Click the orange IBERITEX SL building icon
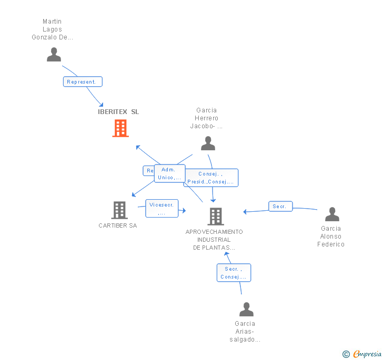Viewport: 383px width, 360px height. tap(120, 128)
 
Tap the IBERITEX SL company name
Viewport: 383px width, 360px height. tap(119, 112)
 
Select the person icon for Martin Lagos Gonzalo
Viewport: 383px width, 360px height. tap(54, 54)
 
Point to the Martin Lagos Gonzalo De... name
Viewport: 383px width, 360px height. tap(53, 29)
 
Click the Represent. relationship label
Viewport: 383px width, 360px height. tap(82, 82)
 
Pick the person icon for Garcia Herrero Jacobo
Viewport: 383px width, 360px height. tap(208, 143)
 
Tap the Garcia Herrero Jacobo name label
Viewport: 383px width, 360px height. tap(206, 118)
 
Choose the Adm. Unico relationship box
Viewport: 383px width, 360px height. tap(169, 173)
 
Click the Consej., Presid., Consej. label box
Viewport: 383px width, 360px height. tap(211, 178)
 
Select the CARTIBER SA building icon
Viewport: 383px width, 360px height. tap(119, 210)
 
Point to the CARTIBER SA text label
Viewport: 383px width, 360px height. tap(118, 225)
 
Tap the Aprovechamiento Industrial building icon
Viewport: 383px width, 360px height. tap(215, 216)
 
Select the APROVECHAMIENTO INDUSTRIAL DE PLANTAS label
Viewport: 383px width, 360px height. tap(214, 240)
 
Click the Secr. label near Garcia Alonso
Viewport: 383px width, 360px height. tap(280, 207)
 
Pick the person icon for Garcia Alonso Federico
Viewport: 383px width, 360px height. tap(332, 214)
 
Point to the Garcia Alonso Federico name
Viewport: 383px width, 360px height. tap(331, 236)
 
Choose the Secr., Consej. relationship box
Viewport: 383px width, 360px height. tap(234, 273)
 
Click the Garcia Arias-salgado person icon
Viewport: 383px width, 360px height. tap(246, 309)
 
